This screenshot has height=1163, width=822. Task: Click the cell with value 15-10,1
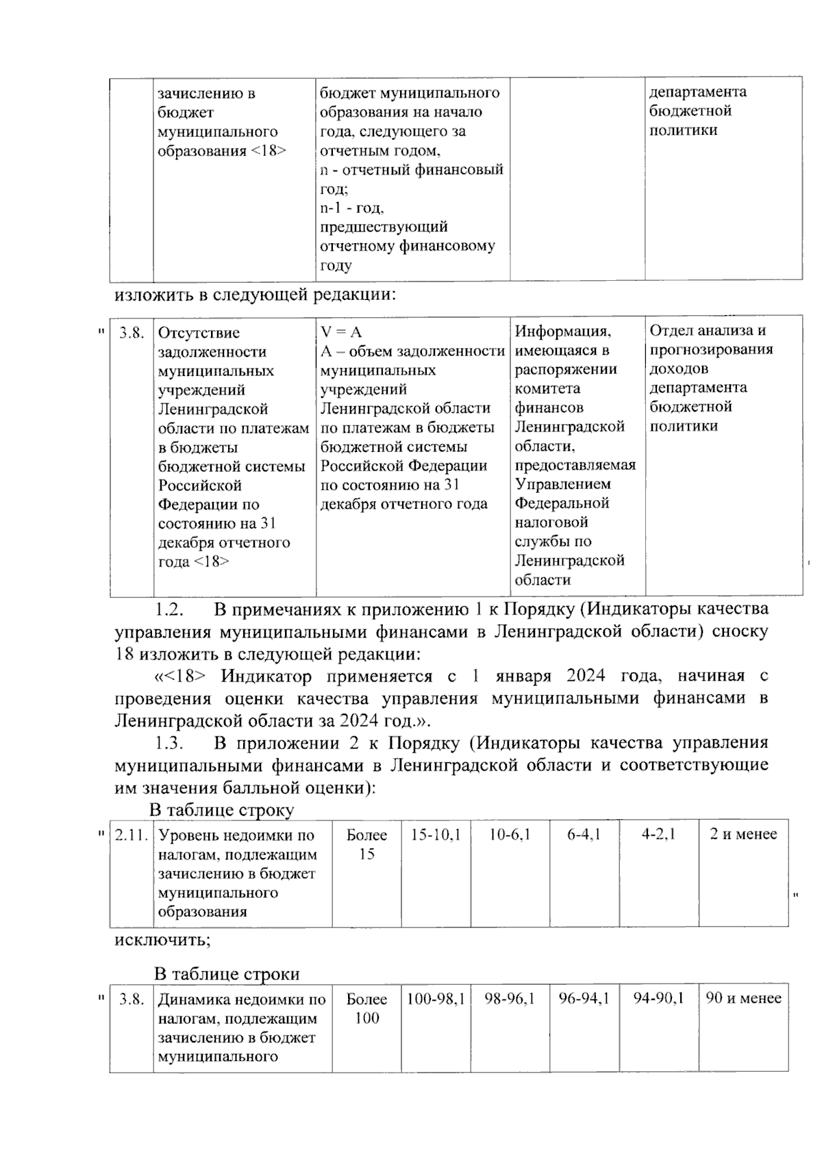tap(436, 835)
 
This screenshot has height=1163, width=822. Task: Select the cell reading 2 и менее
tap(743, 835)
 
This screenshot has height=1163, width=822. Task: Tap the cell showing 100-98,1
tap(436, 999)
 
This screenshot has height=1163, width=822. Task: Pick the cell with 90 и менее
tap(743, 999)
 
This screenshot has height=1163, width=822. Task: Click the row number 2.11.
tap(132, 836)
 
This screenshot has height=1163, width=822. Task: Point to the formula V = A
tap(341, 332)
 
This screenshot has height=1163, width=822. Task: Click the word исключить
tap(162, 939)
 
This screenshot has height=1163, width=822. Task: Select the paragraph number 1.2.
tap(168, 609)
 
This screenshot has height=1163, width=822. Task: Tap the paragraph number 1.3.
tap(168, 743)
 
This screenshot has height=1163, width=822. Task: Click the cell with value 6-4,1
tap(584, 835)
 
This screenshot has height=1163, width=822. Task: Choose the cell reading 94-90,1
tap(658, 999)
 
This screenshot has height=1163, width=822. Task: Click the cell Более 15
tap(366, 844)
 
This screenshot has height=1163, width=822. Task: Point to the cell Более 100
tap(366, 1008)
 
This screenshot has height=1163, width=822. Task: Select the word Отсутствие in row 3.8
tap(199, 333)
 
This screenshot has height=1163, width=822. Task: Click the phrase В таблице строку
tap(221, 810)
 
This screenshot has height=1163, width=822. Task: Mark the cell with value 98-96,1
tap(510, 999)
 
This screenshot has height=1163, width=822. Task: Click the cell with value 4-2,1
tap(658, 835)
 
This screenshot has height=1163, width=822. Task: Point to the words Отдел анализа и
tap(707, 331)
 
